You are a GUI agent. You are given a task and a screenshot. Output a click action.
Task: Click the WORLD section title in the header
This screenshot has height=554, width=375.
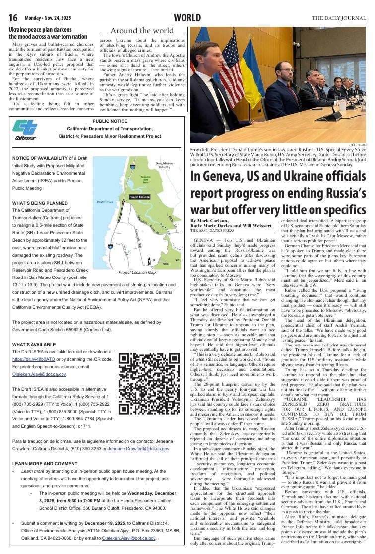point(187,18)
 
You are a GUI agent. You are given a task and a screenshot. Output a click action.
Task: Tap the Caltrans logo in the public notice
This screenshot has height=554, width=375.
point(25,130)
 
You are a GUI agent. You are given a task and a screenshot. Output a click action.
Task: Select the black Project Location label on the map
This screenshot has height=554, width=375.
point(139,197)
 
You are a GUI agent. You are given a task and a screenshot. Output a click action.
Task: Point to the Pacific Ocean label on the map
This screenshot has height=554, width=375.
point(105,202)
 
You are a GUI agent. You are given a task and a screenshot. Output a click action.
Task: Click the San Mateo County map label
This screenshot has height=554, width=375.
point(164,165)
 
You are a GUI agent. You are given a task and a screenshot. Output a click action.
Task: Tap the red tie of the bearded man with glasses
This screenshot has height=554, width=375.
point(289,87)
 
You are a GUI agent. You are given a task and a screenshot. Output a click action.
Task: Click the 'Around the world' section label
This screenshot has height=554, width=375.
point(141,31)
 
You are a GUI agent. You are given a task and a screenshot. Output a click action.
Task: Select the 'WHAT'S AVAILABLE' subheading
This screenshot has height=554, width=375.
point(34,344)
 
